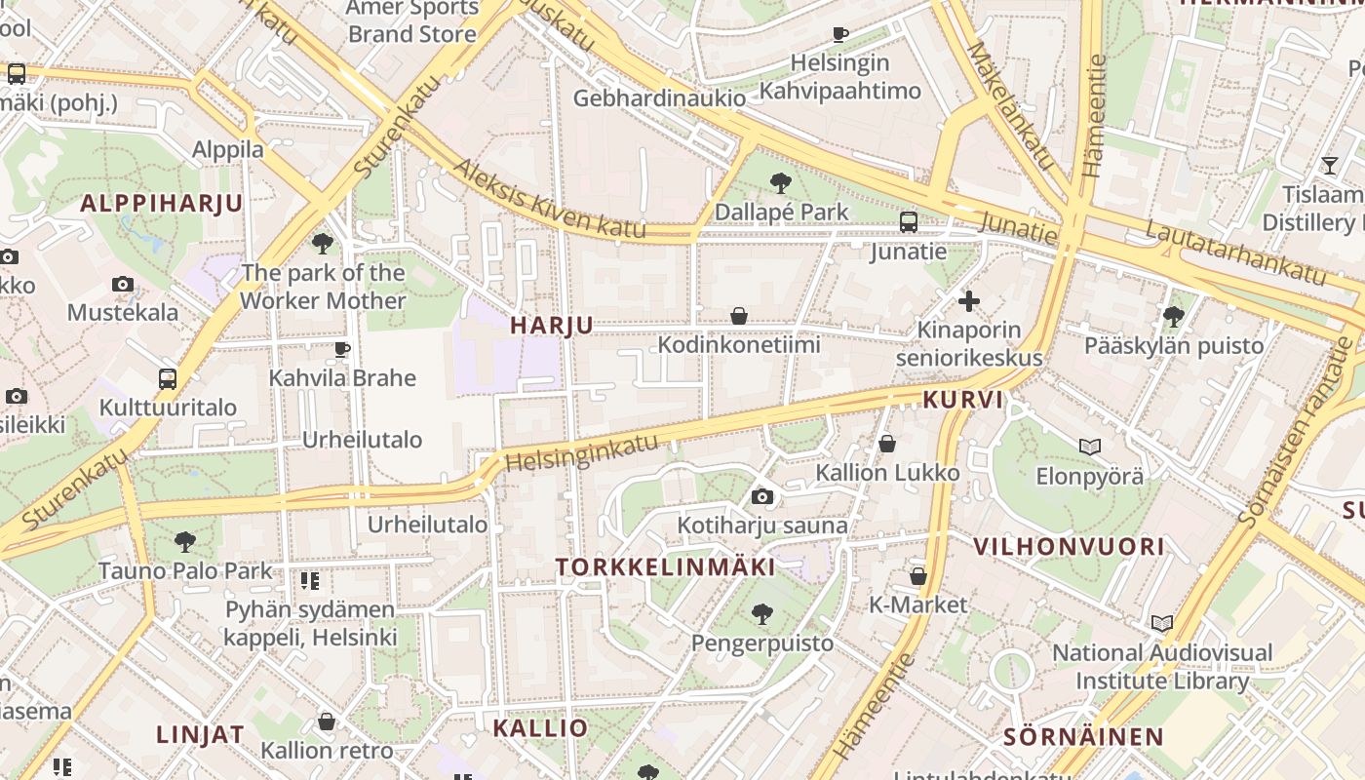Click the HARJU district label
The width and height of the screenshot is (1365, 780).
coord(551,326)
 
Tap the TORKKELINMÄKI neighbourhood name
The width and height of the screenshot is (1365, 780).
coord(665,566)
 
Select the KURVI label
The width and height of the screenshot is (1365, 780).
coord(962,400)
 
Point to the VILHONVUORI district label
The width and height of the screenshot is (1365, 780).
coord(1069,546)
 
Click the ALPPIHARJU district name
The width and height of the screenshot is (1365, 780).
coord(161,204)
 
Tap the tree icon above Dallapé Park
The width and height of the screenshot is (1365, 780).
coord(780,182)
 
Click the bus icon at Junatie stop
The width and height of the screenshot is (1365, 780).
coord(909,222)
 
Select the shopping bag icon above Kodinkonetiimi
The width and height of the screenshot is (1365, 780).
coord(739,316)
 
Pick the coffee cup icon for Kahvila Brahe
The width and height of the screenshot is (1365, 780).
coord(342,349)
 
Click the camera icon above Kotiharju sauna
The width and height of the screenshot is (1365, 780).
coord(762,497)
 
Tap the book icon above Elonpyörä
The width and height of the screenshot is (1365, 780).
coord(1090,447)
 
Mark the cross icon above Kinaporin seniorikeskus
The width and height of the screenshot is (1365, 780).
coord(968,301)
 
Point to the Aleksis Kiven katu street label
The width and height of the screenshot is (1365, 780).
coord(550,199)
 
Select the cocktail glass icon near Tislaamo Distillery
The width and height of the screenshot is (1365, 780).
coord(1329,165)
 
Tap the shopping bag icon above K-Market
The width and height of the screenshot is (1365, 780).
coord(917,576)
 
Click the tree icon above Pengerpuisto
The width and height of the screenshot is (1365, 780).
coord(762,614)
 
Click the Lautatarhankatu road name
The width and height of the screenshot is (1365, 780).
coord(1235,252)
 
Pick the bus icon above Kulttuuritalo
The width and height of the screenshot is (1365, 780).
coord(168,378)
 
